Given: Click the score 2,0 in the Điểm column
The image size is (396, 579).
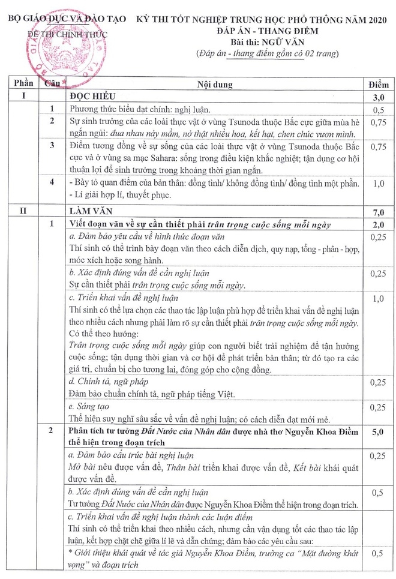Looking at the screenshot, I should pos(379,224).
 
